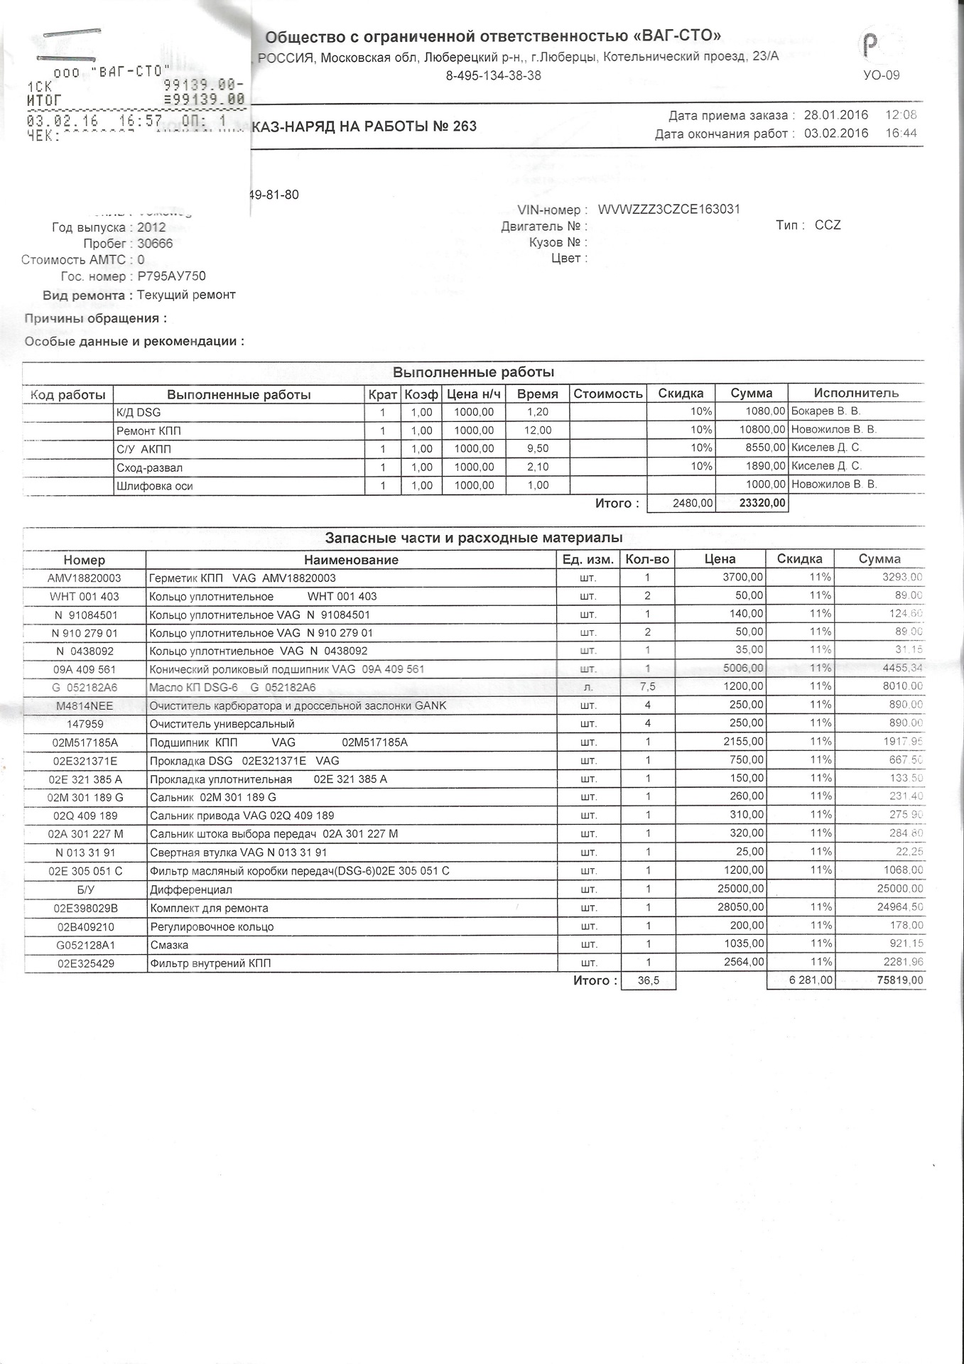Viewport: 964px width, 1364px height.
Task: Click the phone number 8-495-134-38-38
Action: point(494,76)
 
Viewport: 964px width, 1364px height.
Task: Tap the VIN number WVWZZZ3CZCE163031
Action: point(669,210)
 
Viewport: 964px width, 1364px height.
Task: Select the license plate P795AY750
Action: point(171,276)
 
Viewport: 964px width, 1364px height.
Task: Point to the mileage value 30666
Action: point(155,244)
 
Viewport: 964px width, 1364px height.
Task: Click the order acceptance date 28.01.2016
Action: point(836,115)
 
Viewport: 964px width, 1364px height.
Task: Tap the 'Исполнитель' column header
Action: point(856,393)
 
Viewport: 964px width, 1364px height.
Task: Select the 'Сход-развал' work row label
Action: point(149,467)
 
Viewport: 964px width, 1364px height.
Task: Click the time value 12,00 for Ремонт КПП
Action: point(538,431)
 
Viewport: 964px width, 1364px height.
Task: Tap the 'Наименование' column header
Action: point(351,560)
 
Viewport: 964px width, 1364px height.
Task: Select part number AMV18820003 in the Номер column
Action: point(85,578)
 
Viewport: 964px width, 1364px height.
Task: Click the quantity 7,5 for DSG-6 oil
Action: point(647,687)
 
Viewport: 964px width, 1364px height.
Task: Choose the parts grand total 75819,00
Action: point(899,980)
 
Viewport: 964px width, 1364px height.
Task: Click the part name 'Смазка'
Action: point(169,945)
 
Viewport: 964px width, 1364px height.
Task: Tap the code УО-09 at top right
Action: point(881,75)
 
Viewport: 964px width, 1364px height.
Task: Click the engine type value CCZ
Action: point(828,225)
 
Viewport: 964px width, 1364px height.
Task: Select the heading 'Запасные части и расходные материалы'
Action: point(474,538)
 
